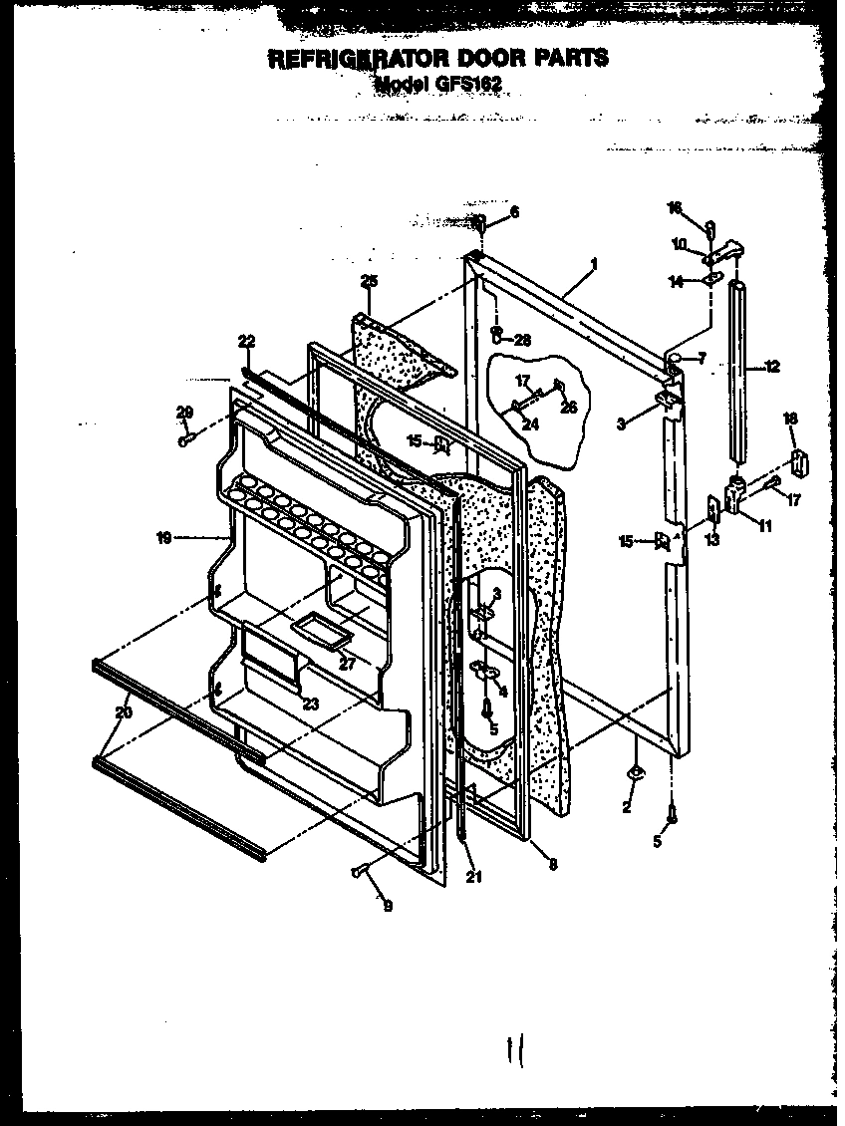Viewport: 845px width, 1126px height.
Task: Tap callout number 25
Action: pos(370,282)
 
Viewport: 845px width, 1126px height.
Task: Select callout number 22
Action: pos(246,342)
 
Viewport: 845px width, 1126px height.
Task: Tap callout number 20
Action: pos(123,711)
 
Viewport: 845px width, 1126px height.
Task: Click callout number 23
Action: pos(312,703)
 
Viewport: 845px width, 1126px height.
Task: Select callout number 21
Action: pos(473,876)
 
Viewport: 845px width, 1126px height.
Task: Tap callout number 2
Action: pos(627,807)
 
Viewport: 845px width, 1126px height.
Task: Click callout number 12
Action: pos(772,368)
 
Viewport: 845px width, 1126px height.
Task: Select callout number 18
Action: pos(790,419)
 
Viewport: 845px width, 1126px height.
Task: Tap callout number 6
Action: pos(514,211)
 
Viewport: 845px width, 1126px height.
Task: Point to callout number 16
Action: pos(675,207)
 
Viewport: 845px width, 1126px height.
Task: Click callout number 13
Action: pos(711,540)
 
